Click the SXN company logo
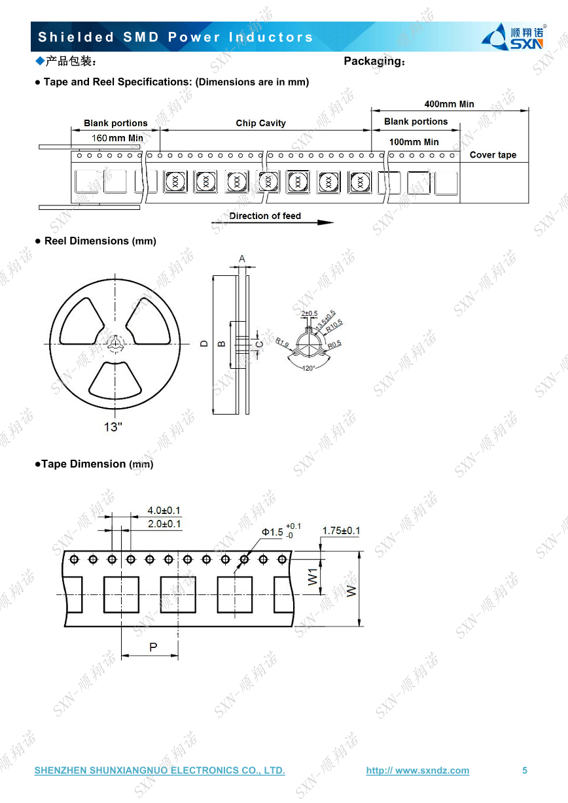pyautogui.click(x=514, y=37)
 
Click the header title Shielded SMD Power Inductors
pyautogui.click(x=176, y=37)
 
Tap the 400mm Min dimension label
pyautogui.click(x=449, y=104)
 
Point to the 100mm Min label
pyautogui.click(x=414, y=142)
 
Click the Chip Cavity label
pyautogui.click(x=260, y=123)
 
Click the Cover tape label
pyautogui.click(x=493, y=155)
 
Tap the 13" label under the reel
pyautogui.click(x=113, y=427)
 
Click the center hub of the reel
pyautogui.click(x=116, y=343)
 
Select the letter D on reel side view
pyautogui.click(x=204, y=343)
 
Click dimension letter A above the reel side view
pyautogui.click(x=242, y=259)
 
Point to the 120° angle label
pyautogui.click(x=308, y=368)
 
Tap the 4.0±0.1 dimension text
pyautogui.click(x=164, y=510)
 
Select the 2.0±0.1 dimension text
pyautogui.click(x=164, y=524)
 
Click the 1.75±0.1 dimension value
pyautogui.click(x=340, y=530)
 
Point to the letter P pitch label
pyautogui.click(x=153, y=647)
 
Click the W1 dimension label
pyautogui.click(x=313, y=576)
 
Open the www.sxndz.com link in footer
pyautogui.click(x=417, y=770)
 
